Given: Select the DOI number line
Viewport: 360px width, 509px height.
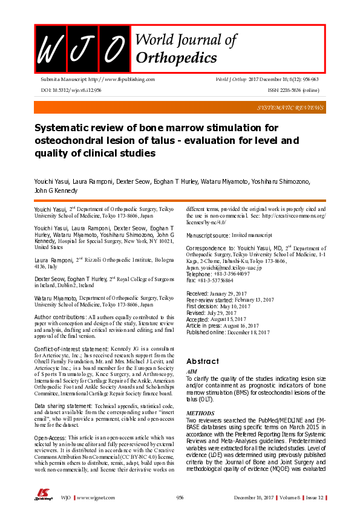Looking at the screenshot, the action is pyautogui.click(x=71, y=89).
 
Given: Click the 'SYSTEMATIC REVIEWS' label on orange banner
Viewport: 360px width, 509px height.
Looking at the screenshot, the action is pyautogui.click(x=289, y=107).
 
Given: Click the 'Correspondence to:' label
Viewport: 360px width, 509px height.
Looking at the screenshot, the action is pyautogui.click(x=211, y=248).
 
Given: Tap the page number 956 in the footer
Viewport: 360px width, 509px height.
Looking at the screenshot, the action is pyautogui.click(x=180, y=498).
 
